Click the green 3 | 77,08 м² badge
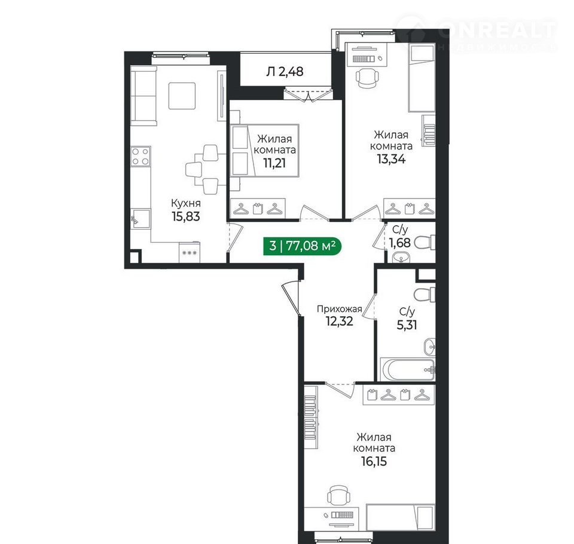coord(302,245)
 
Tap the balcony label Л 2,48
coord(285,71)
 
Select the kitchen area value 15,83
coord(186,216)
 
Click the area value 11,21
coord(274,163)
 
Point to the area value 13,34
coord(391,159)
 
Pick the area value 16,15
coord(374,462)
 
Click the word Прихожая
coord(340,309)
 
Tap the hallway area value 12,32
coord(340,321)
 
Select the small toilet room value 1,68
coord(399,242)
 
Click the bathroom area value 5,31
coord(407,325)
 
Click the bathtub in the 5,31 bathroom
coord(407,369)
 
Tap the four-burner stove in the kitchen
coord(141,156)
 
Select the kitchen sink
coord(141,219)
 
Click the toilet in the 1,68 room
coord(425,242)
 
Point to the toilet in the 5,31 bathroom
coord(425,295)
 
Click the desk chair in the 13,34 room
coord(367,78)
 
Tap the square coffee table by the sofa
coord(182,96)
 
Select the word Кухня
coord(185,203)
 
